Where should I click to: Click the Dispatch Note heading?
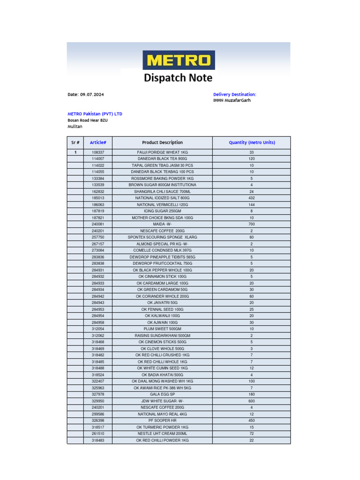[x=178, y=78]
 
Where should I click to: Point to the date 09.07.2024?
[x=92, y=95]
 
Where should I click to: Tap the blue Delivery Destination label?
[x=234, y=95]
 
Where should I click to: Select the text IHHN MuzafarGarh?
[x=232, y=100]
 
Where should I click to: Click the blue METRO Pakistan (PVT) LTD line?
[x=95, y=114]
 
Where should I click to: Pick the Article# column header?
[x=98, y=142]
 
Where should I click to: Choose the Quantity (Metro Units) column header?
[x=252, y=142]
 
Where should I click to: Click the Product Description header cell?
[x=162, y=142]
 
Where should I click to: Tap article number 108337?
[x=98, y=152]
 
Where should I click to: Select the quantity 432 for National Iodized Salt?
[x=252, y=198]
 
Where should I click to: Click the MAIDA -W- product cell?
[x=162, y=225]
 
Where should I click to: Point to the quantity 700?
[x=252, y=225]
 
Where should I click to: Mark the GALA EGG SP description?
[x=162, y=395]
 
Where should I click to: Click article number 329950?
[x=98, y=401]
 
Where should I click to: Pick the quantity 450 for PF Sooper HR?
[x=252, y=421]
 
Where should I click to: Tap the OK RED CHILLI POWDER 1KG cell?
[x=162, y=441]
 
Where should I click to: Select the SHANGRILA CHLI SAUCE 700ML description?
[x=162, y=192]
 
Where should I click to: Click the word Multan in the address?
[x=75, y=127]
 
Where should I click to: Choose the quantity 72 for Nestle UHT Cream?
[x=252, y=434]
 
